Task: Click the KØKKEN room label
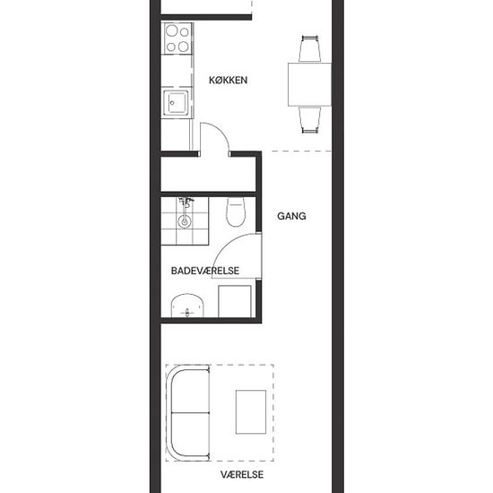tap(228, 80)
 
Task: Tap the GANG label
tap(291, 216)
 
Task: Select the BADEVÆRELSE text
tap(205, 271)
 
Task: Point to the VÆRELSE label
tap(242, 474)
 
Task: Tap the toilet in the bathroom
tap(236, 212)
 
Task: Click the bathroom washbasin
tap(187, 306)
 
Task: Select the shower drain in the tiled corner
tap(185, 221)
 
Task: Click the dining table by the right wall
tap(310, 84)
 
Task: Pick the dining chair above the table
tap(310, 48)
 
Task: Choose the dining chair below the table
tap(310, 120)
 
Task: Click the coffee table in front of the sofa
tap(251, 412)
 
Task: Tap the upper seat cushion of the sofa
tap(191, 391)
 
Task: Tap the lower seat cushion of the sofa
tap(191, 434)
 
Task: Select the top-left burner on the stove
tap(172, 30)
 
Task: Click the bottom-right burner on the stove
tap(183, 47)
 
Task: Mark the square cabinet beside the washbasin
tap(235, 301)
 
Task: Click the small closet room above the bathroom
tap(208, 174)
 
